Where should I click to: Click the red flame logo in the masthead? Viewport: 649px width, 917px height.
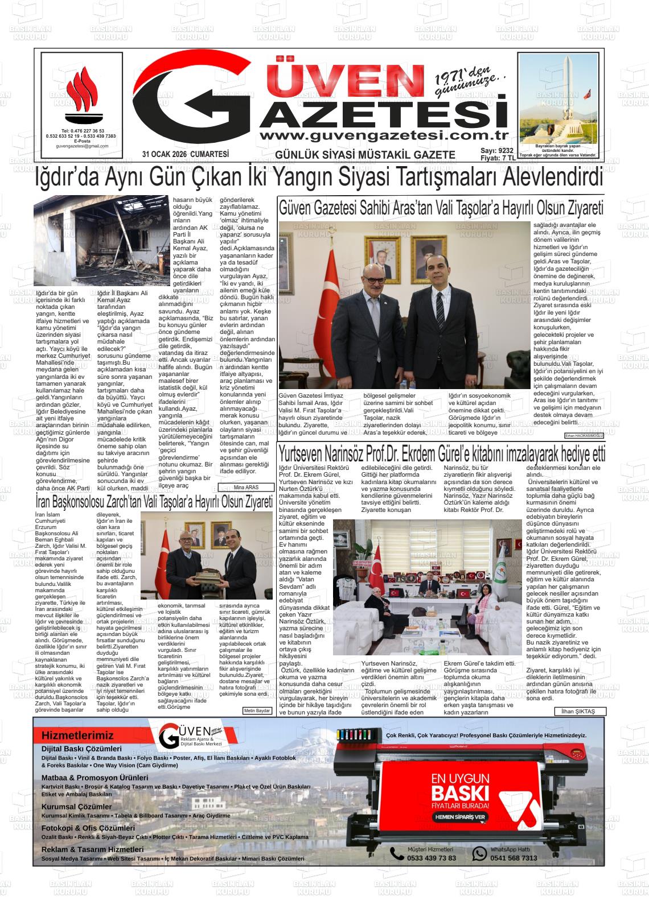(81, 91)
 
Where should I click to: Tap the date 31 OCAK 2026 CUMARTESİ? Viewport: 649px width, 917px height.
(185, 154)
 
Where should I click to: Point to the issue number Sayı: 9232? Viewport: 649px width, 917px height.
(497, 150)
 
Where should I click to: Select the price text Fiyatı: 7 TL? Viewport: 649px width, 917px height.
(498, 158)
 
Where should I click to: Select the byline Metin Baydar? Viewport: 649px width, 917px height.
(257, 711)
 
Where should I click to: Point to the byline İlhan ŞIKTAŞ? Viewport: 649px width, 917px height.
(580, 712)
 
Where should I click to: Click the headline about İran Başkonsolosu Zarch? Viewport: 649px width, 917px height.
(154, 502)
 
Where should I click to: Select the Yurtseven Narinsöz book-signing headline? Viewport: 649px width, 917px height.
(441, 455)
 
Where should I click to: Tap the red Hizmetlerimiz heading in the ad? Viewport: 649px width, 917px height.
(77, 736)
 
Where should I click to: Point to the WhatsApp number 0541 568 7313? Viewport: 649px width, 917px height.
(514, 858)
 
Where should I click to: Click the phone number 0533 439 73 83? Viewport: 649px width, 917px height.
(432, 858)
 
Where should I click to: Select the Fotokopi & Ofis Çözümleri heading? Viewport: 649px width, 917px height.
(88, 828)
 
